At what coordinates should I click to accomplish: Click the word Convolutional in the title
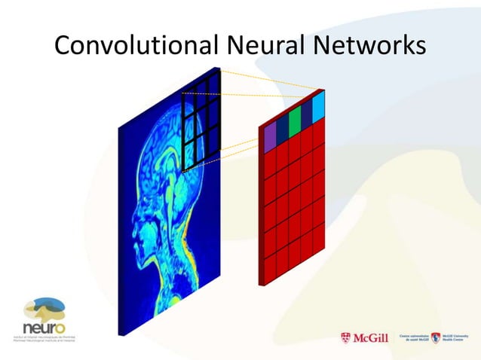pos(134,46)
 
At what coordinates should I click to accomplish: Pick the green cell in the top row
pos(295,117)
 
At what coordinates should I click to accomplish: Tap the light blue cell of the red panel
pos(318,106)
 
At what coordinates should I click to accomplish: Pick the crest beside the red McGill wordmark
pos(346,338)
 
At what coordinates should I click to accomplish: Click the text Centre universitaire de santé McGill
pos(412,338)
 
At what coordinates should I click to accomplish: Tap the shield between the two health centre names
pos(435,338)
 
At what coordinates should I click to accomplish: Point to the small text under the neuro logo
pos(42,338)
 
